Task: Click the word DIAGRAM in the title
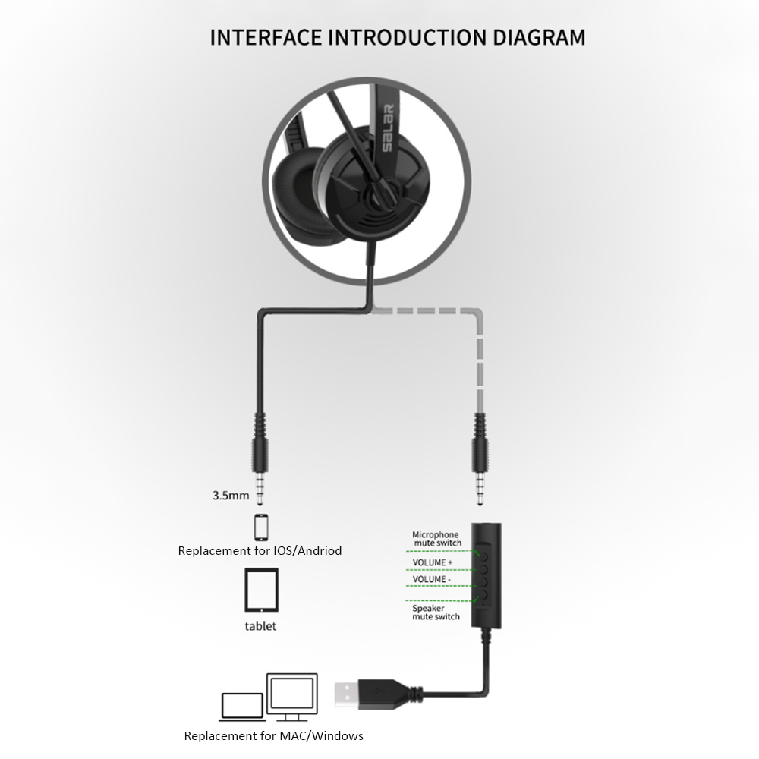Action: pos(539,37)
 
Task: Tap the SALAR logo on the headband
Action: pos(388,128)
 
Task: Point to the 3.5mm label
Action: pos(231,495)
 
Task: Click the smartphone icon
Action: pos(261,528)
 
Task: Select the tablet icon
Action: pos(261,590)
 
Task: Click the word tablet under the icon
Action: pos(260,626)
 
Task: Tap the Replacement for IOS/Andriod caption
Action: pos(260,550)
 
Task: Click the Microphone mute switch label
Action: pos(436,538)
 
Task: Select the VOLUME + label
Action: pos(433,562)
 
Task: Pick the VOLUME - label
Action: pos(432,579)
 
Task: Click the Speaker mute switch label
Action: pos(436,613)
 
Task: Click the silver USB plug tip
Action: pos(347,694)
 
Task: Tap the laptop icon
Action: pos(243,707)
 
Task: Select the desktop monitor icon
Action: pos(292,696)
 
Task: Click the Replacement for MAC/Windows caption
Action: pos(273,735)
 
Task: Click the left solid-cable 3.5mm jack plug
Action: pos(260,459)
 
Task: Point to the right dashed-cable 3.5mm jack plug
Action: pos(480,459)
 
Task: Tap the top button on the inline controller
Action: pos(483,556)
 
